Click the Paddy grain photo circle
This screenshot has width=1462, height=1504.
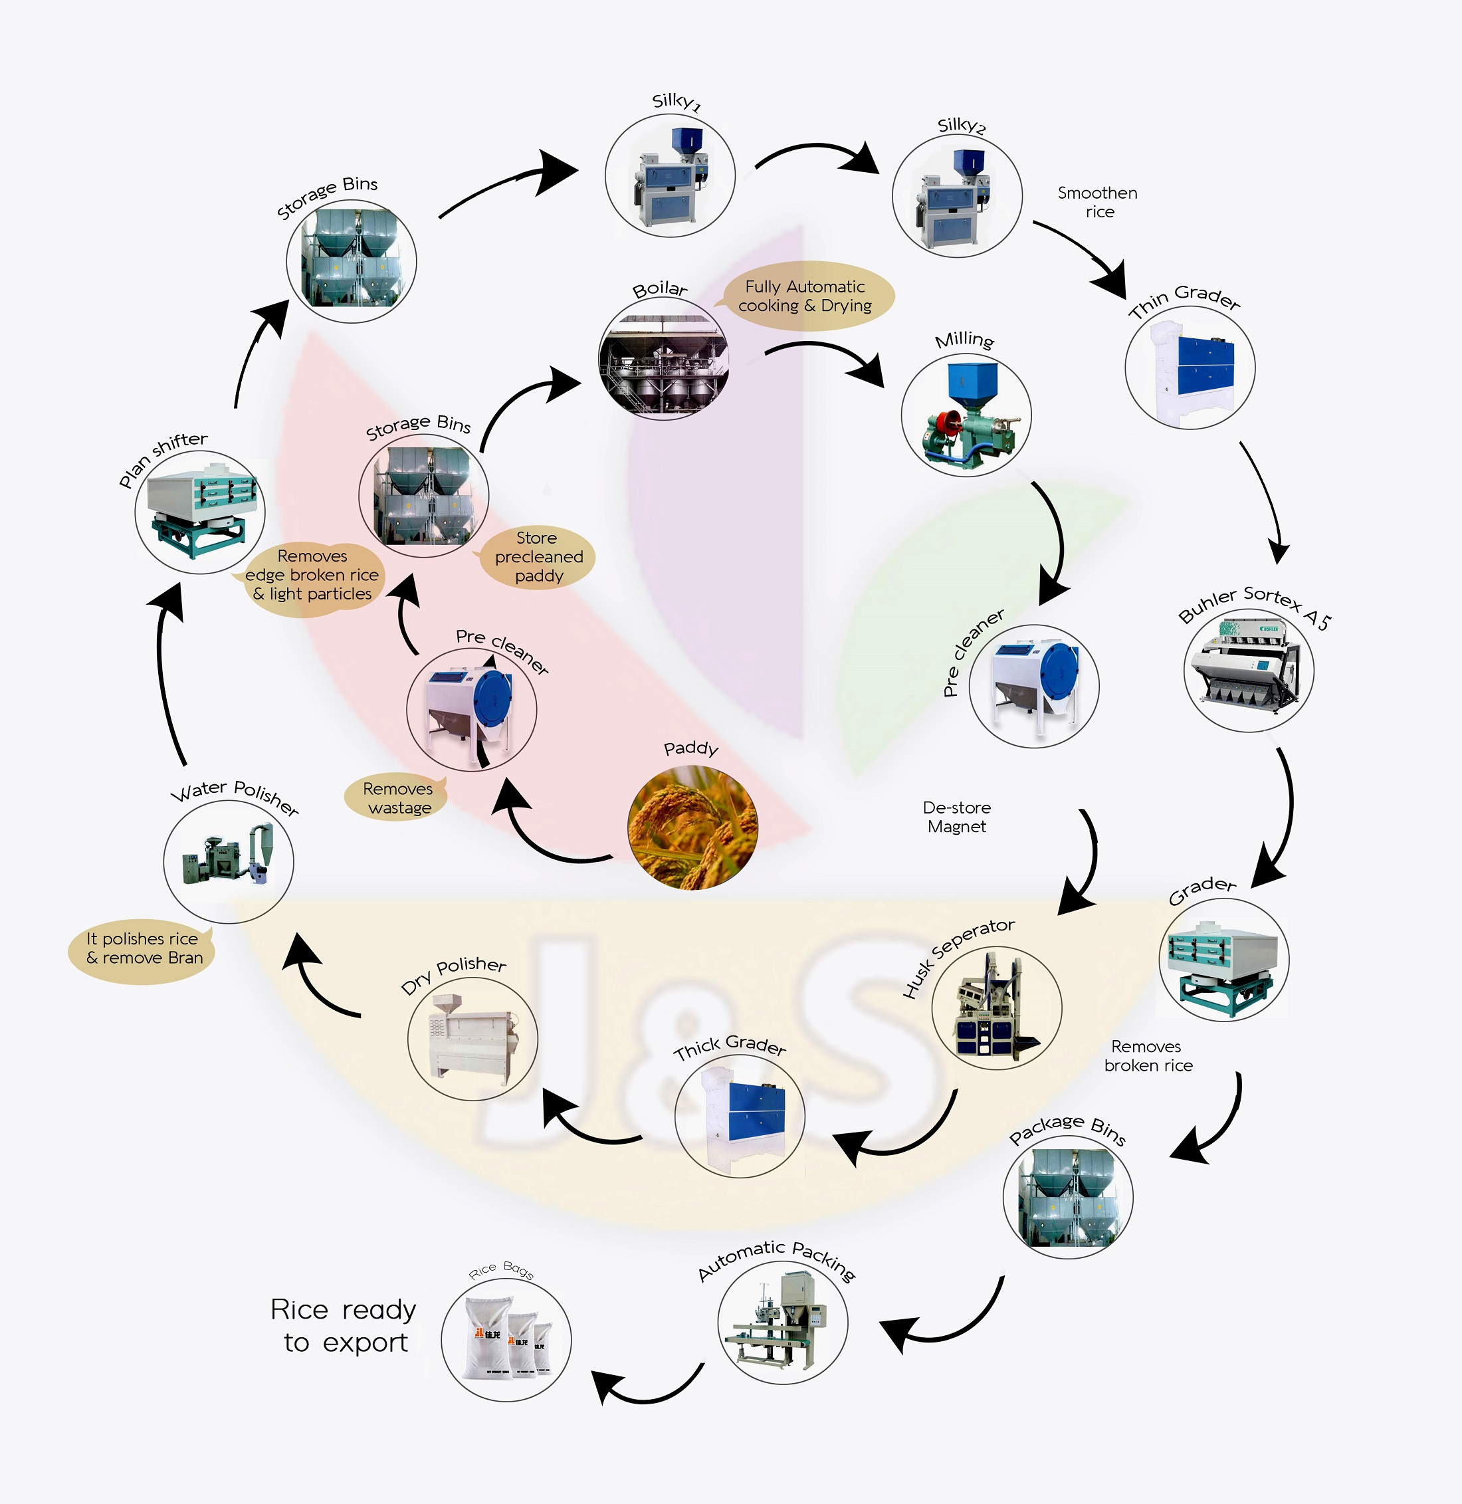pos(692,827)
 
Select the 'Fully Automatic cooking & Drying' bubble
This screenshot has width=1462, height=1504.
pos(805,296)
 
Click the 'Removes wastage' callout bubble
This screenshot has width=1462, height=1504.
pos(398,798)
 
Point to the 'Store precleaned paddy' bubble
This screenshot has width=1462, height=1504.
pos(538,558)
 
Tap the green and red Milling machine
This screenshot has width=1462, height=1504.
pos(966,416)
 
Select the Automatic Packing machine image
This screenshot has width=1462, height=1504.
pos(782,1323)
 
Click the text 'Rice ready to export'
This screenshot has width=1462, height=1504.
pos(344,1326)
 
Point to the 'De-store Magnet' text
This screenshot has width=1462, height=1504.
pos(957,817)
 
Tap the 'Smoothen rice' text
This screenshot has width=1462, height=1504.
pos(1098,202)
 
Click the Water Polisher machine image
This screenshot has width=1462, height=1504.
pos(229,861)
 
